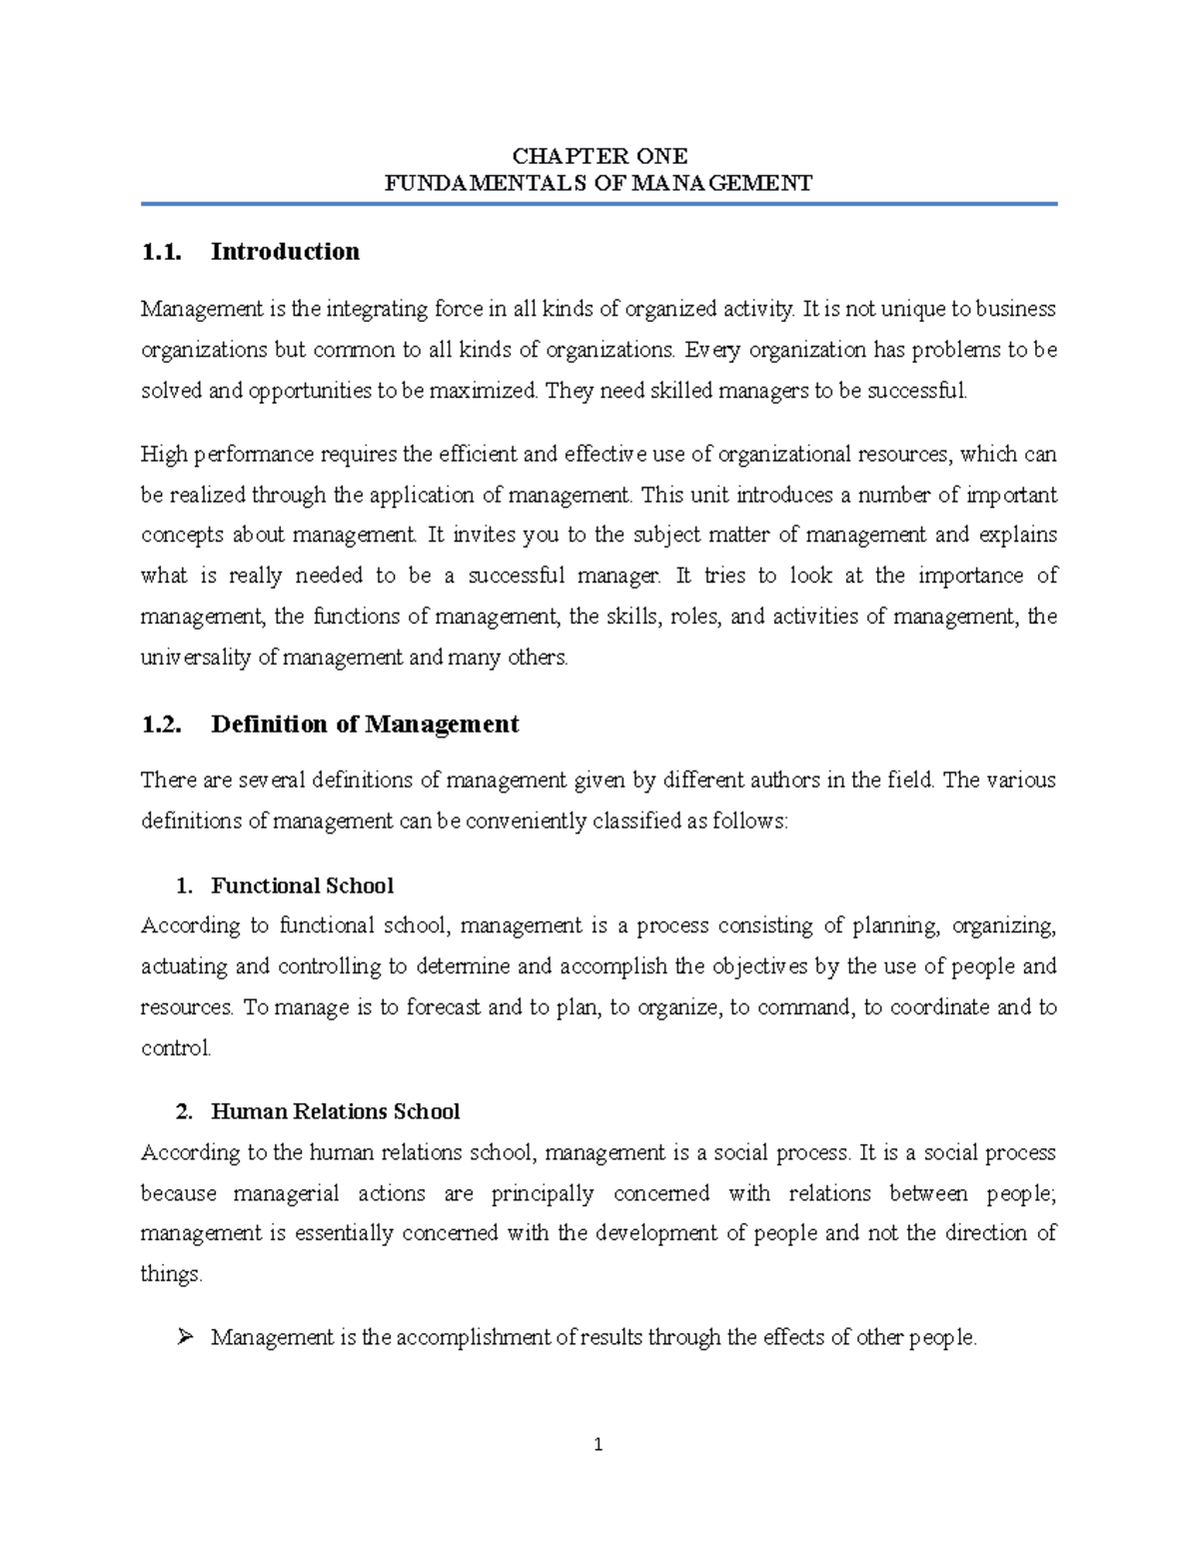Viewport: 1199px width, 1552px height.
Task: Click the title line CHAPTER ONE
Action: pos(599,156)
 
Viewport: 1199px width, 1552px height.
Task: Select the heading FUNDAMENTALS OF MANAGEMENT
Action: pos(599,183)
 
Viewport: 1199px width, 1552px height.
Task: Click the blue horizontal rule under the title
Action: pos(599,204)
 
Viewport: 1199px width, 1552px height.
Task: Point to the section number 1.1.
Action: pos(162,252)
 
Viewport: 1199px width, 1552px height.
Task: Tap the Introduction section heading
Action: pos(285,252)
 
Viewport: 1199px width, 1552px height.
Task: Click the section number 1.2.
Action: pos(162,725)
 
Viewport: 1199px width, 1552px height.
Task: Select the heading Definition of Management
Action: pos(365,725)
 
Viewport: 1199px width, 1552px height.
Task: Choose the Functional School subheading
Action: pos(302,885)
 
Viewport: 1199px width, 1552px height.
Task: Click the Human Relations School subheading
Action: pos(335,1111)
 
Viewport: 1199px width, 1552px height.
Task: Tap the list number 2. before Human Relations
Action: pos(182,1111)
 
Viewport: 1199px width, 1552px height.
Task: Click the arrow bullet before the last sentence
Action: pos(183,1337)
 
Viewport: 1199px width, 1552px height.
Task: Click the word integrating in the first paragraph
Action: pos(361,310)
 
